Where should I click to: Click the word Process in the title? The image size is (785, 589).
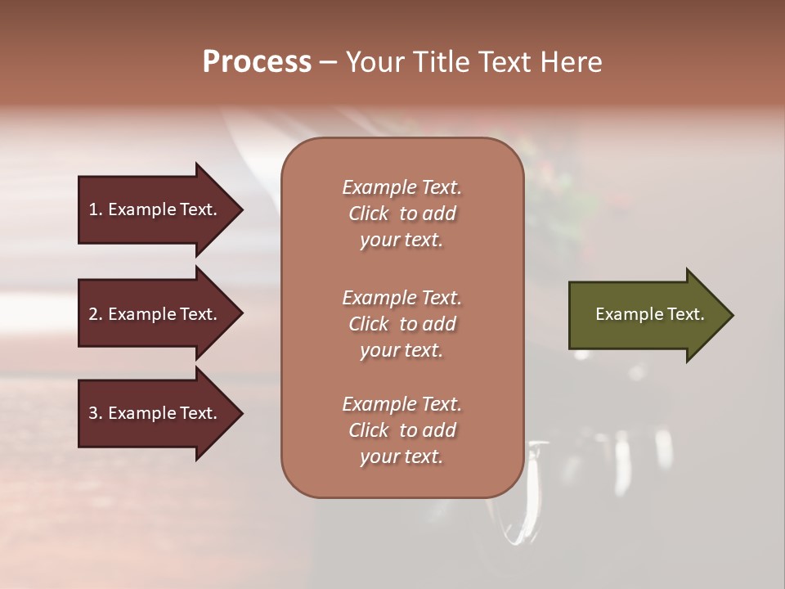[x=257, y=62]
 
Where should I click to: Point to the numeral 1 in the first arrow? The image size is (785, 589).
[x=93, y=209]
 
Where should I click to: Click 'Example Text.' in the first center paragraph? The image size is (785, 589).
[x=401, y=187]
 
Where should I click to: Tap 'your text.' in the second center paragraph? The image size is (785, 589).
[x=401, y=350]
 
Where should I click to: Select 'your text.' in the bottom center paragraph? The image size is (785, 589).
[x=401, y=456]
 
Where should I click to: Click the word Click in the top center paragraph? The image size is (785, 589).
[x=369, y=214]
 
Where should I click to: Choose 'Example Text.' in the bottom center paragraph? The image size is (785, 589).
[x=401, y=404]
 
